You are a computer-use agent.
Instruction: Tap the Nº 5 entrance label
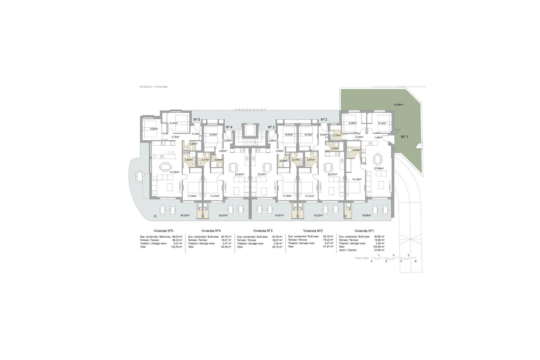click(197, 120)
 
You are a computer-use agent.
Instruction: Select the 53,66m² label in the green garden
click(399, 105)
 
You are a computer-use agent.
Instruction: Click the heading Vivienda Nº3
click(263, 230)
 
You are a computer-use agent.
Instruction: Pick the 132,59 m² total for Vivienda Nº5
click(177, 247)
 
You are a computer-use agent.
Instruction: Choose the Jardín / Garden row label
click(346, 250)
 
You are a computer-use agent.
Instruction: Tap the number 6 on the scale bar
click(415, 261)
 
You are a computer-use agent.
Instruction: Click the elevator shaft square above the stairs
click(249, 130)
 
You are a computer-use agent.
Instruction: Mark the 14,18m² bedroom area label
click(357, 179)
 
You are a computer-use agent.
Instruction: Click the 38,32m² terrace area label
click(185, 216)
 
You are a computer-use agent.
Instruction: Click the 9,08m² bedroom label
click(154, 129)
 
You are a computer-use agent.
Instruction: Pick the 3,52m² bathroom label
click(188, 160)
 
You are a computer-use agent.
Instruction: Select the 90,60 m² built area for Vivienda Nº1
click(380, 237)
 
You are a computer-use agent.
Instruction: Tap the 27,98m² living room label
click(379, 168)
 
